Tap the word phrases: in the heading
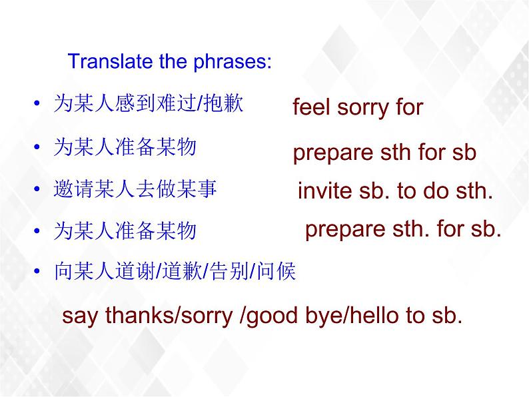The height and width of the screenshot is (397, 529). coord(232,63)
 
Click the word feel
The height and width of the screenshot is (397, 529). coord(310,107)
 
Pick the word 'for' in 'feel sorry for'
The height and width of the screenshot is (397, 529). coord(409,107)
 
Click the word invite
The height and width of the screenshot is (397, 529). coord(324,191)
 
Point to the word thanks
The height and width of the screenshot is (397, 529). coord(140,315)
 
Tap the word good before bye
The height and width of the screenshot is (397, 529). coord(272,317)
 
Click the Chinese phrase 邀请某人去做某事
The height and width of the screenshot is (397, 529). coord(135,189)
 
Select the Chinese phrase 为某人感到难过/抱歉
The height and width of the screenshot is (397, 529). coord(149,103)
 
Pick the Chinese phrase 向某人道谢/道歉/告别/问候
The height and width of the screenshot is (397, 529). coord(175,271)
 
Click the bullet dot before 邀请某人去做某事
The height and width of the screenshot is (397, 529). coord(37,189)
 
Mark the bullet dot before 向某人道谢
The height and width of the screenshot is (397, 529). coord(37,272)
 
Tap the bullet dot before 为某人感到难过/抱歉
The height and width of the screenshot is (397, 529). coord(37,103)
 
